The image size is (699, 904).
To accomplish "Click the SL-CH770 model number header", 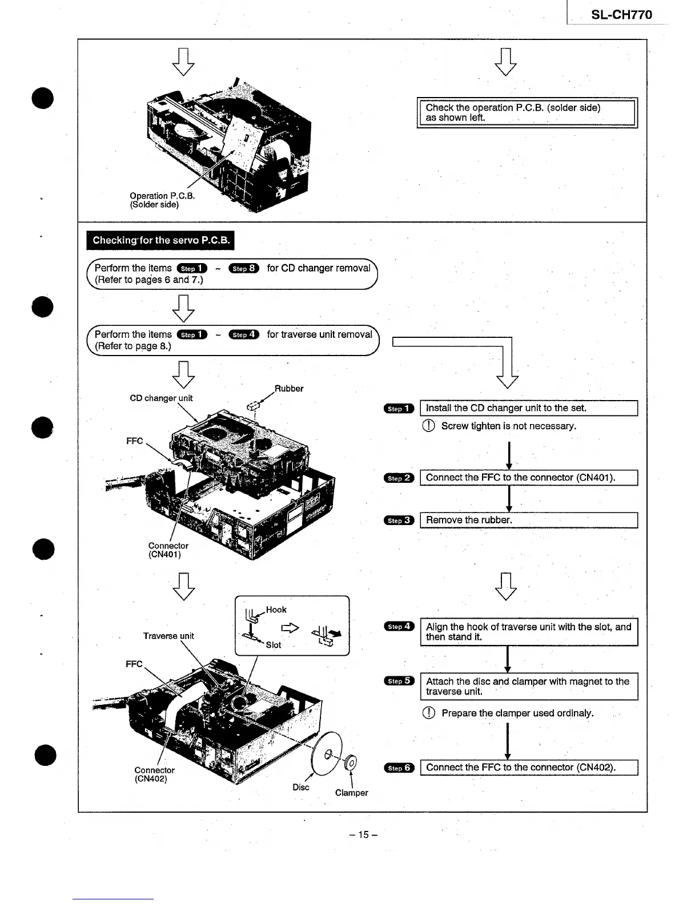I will pyautogui.click(x=621, y=15).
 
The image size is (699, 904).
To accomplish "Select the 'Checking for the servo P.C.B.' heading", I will pyautogui.click(x=160, y=240).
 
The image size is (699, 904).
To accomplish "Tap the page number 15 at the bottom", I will pyautogui.click(x=363, y=835).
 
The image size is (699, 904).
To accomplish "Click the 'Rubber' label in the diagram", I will pyautogui.click(x=289, y=389).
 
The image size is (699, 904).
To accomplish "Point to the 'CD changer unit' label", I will pyautogui.click(x=161, y=398).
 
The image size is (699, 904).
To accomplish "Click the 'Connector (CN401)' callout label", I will pyautogui.click(x=168, y=550).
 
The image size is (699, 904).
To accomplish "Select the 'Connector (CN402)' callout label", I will pyautogui.click(x=154, y=774).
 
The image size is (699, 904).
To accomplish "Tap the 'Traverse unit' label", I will pyautogui.click(x=168, y=636).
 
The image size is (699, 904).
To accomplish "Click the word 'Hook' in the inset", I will pyautogui.click(x=276, y=610).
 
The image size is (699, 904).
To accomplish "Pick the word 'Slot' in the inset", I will pyautogui.click(x=274, y=645).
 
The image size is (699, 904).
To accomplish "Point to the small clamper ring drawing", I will pyautogui.click(x=351, y=762).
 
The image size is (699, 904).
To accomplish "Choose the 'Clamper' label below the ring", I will pyautogui.click(x=351, y=793).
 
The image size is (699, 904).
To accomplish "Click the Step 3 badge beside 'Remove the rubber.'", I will pyautogui.click(x=399, y=520).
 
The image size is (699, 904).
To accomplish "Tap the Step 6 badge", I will pyautogui.click(x=399, y=768).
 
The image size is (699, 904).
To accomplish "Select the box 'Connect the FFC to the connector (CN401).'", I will pyautogui.click(x=528, y=478).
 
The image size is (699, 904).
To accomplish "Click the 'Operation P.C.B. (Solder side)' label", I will pyautogui.click(x=162, y=200).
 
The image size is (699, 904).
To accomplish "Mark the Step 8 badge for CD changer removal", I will pyautogui.click(x=244, y=269).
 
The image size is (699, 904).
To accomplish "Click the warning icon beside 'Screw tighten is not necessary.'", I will pyautogui.click(x=428, y=426).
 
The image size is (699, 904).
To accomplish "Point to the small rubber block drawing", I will pyautogui.click(x=253, y=406).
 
